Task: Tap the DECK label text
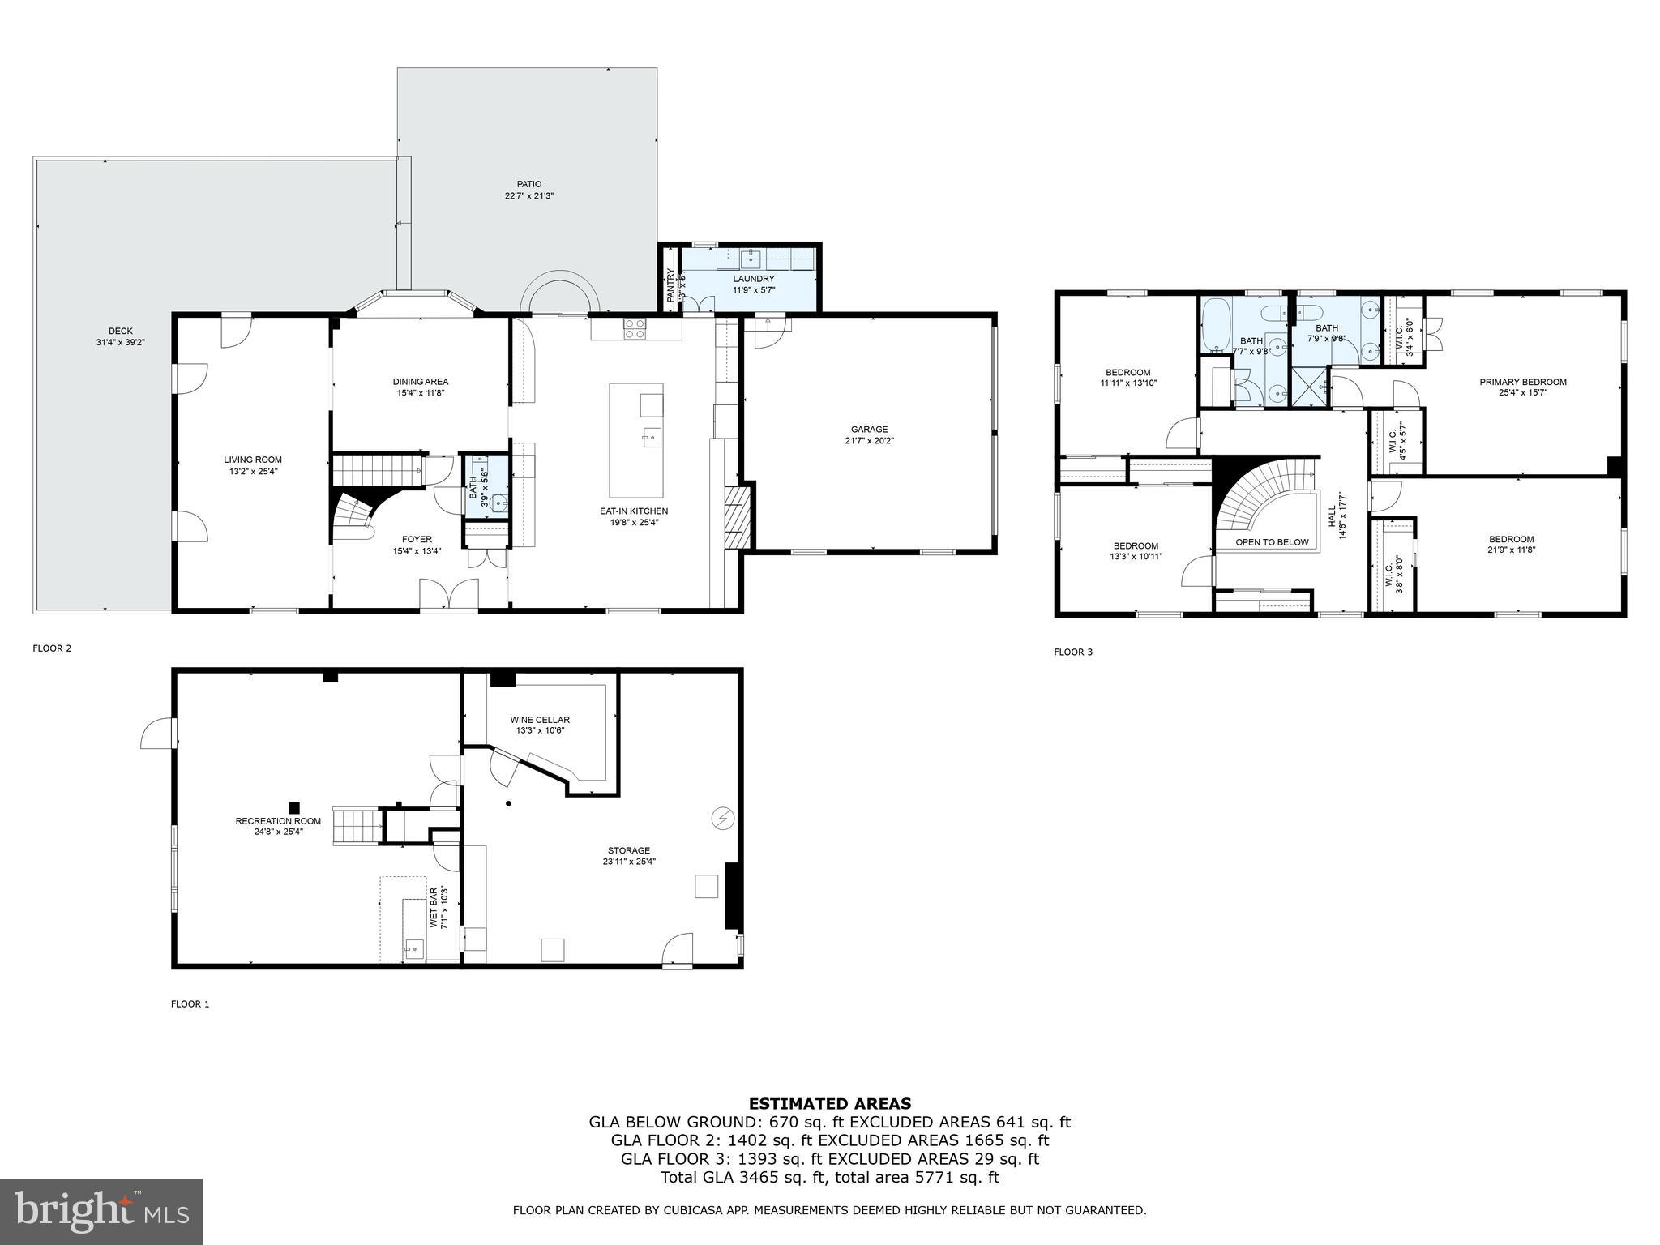click(x=120, y=331)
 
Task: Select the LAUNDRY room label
click(x=753, y=279)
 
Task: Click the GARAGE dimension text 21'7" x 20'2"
click(x=869, y=441)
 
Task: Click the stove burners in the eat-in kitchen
click(x=635, y=328)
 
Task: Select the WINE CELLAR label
click(x=540, y=720)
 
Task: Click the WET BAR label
click(x=434, y=908)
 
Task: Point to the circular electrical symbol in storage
click(x=722, y=819)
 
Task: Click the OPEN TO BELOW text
click(x=1272, y=542)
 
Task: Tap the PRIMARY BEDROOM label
click(x=1522, y=383)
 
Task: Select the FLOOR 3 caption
click(x=1073, y=652)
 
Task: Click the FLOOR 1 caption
click(x=190, y=1003)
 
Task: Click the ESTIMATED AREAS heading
click(x=829, y=1103)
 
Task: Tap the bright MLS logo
click(x=101, y=1212)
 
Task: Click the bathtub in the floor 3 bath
click(x=1215, y=324)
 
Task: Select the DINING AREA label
click(x=421, y=382)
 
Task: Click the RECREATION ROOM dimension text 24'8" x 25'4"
click(x=278, y=832)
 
